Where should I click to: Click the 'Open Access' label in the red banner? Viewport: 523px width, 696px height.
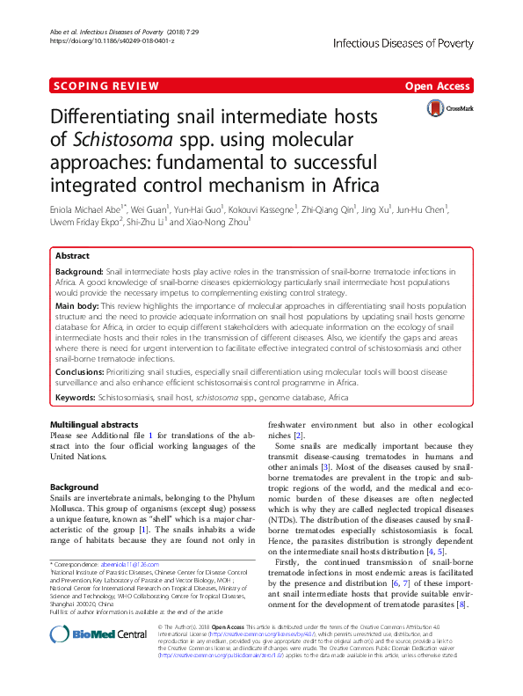(438, 86)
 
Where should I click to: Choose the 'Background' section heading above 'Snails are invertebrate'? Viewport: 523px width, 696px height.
(75, 487)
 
